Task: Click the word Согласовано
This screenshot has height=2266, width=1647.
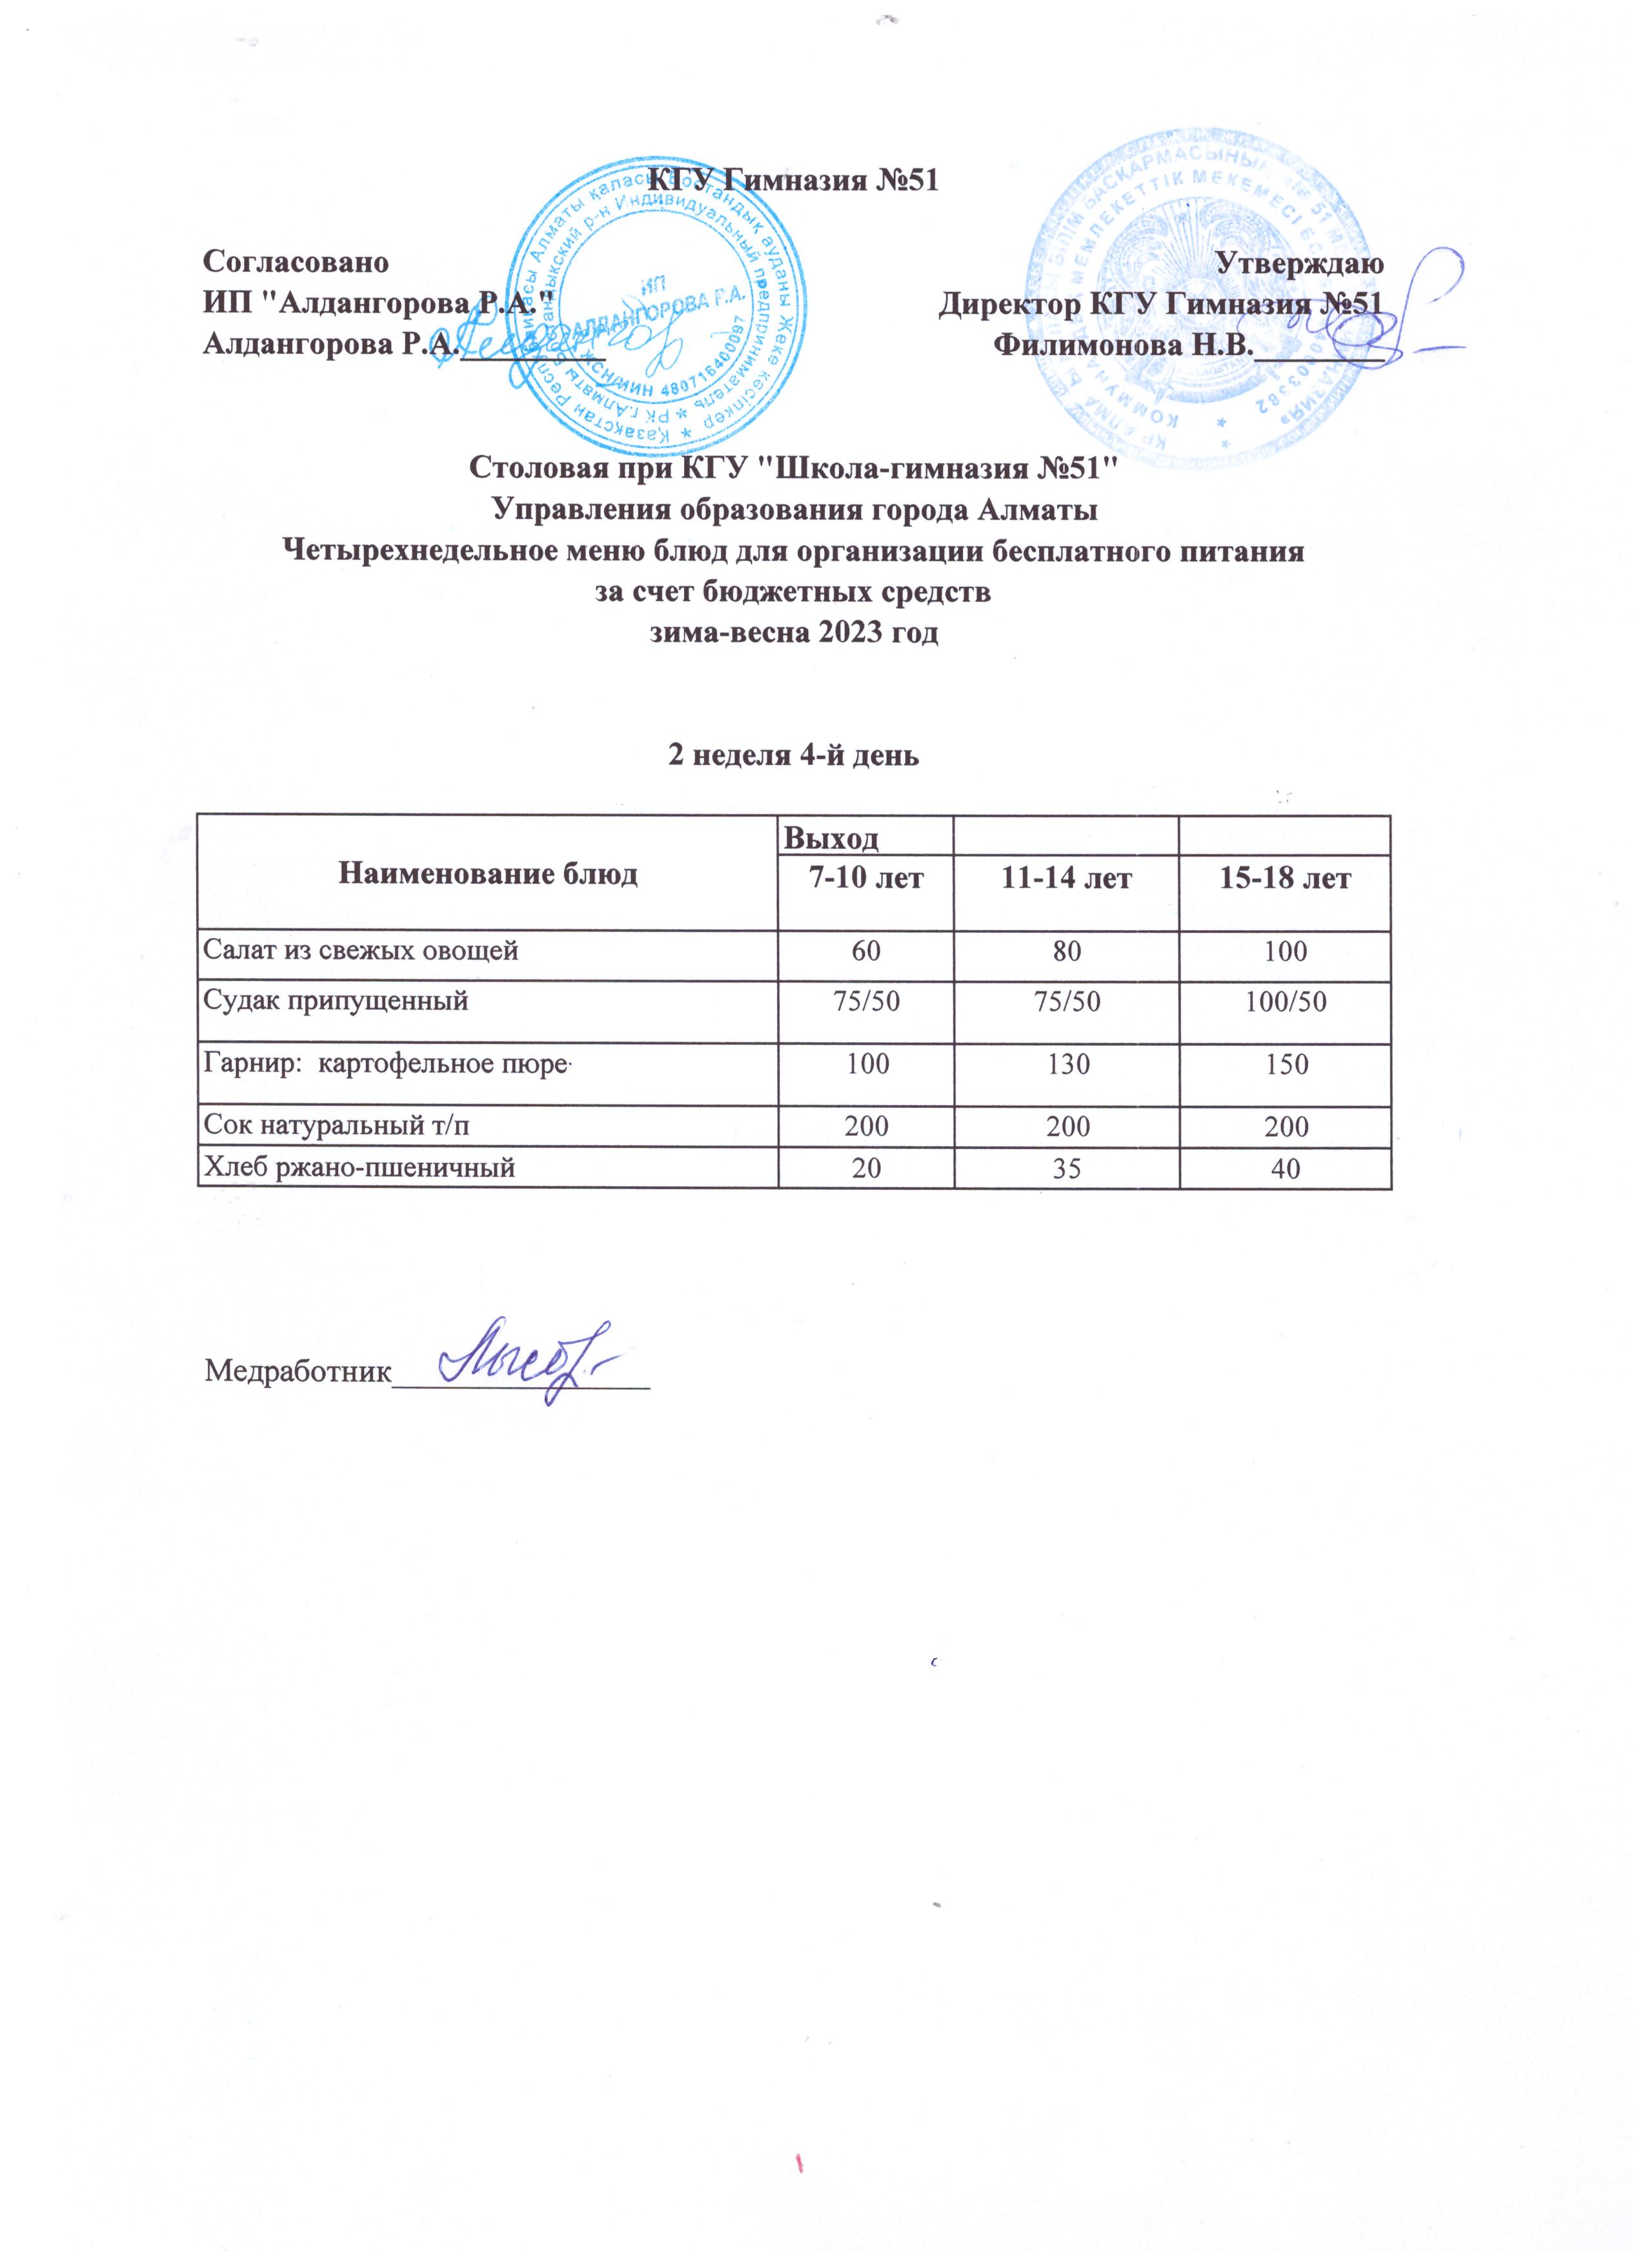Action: (x=296, y=264)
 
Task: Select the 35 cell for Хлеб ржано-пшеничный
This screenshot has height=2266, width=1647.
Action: (x=1067, y=1168)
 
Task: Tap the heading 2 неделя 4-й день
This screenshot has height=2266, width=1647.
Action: (x=793, y=755)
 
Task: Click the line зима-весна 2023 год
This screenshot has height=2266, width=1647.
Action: (x=793, y=633)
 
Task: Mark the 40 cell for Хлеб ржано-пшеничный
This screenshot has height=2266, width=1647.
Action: (x=1286, y=1168)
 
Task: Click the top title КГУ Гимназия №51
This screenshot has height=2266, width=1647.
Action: (x=795, y=181)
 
